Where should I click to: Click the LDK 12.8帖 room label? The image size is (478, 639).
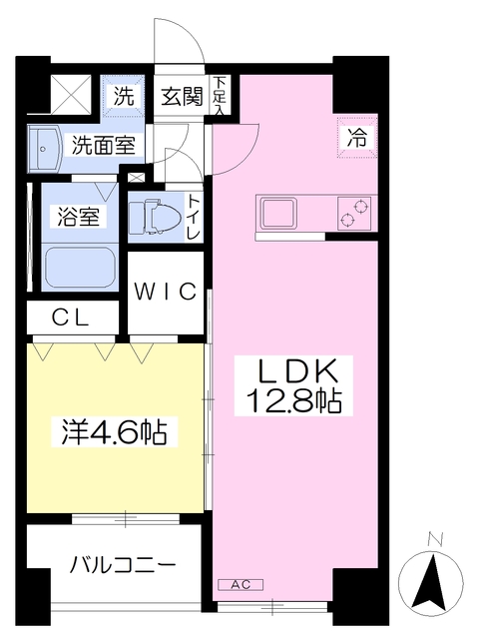(293, 386)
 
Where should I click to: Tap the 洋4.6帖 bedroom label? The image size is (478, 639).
(115, 432)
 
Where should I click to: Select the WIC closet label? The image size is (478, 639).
(166, 292)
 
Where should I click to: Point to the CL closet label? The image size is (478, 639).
(71, 319)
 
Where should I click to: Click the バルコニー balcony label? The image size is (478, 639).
(123, 566)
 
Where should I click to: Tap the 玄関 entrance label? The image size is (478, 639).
(182, 97)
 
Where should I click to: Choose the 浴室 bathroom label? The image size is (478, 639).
(79, 216)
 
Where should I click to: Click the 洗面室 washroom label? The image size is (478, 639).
(104, 145)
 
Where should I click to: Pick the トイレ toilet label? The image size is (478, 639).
(194, 217)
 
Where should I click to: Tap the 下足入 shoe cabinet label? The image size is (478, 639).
(220, 95)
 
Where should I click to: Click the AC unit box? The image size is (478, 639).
(240, 585)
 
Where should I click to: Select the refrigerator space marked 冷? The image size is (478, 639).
(357, 137)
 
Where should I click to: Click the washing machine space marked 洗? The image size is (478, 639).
(124, 97)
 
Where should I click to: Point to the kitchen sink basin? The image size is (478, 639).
(278, 213)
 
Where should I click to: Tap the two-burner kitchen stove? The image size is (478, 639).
(354, 213)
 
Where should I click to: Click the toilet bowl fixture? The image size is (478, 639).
(155, 216)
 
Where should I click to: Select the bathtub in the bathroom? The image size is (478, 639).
(80, 268)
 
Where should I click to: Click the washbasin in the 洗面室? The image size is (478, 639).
(45, 149)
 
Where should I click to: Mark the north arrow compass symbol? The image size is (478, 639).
(431, 582)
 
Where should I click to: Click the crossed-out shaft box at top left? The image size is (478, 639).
(71, 96)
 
